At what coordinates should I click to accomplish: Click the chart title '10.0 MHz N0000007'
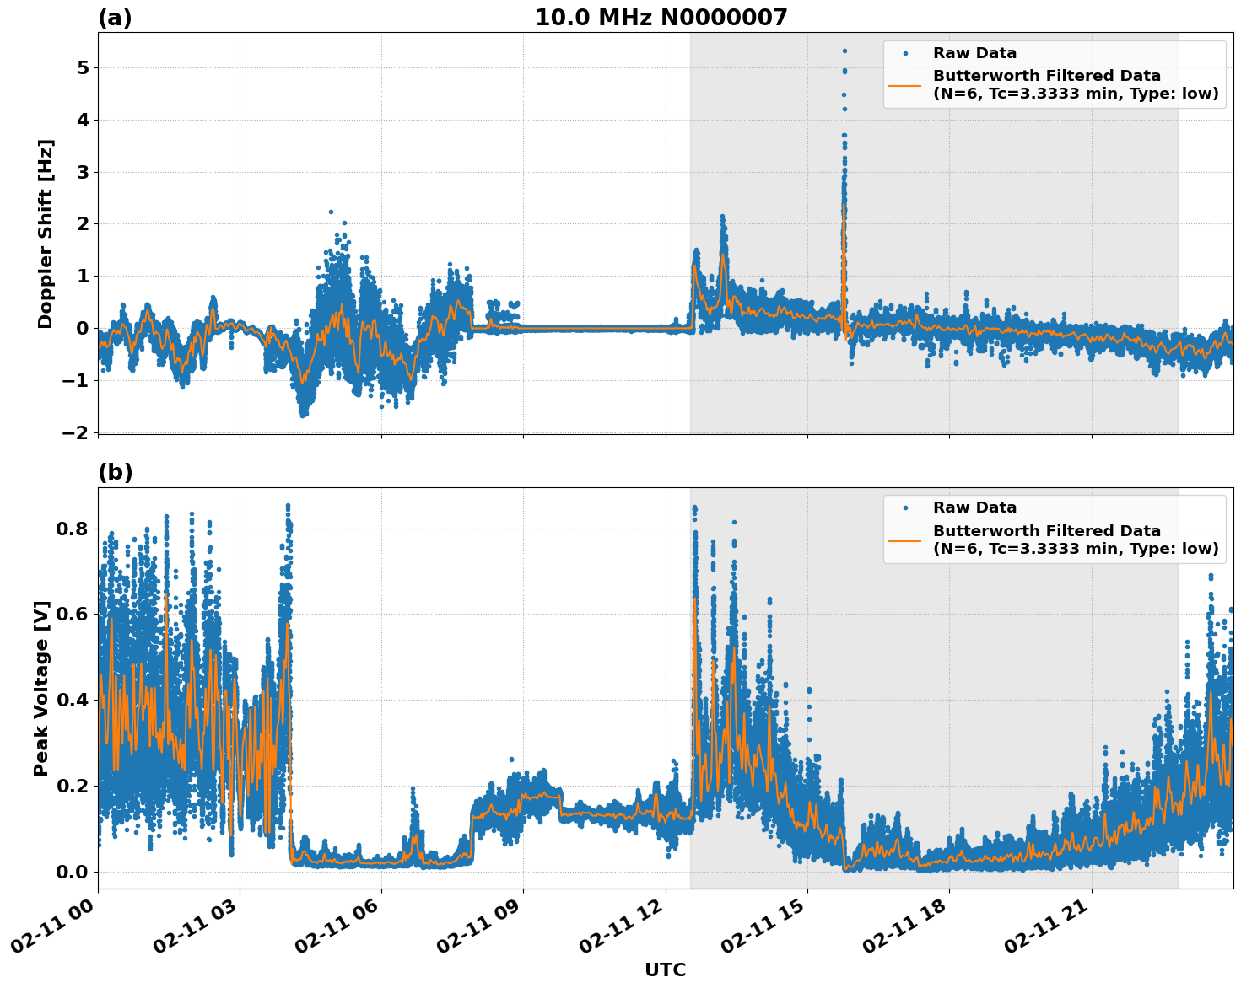(661, 18)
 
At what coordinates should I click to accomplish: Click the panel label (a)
(115, 18)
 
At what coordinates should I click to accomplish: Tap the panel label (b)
(115, 472)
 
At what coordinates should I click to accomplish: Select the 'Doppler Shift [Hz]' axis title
(46, 234)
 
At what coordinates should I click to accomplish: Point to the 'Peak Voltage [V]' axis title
(41, 688)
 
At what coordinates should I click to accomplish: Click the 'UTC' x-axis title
(665, 969)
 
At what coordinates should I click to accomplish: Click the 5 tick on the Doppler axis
(83, 67)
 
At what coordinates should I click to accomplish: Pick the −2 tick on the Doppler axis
(76, 432)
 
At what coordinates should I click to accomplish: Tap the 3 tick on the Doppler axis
(83, 172)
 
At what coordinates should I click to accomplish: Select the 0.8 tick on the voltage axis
(73, 529)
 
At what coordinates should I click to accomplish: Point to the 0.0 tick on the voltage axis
(73, 872)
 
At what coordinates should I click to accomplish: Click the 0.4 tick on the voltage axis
(73, 700)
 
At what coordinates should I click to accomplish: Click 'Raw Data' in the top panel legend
(974, 53)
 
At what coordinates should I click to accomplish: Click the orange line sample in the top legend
(905, 85)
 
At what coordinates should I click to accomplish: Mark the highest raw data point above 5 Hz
(844, 51)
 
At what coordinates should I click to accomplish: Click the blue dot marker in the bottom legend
(905, 507)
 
